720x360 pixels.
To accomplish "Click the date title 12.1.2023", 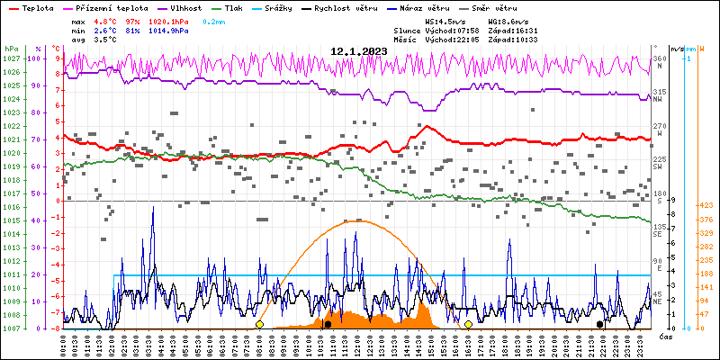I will [x=358, y=51].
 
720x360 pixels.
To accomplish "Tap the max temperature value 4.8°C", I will [x=106, y=21].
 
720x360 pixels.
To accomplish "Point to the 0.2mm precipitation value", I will [x=214, y=21].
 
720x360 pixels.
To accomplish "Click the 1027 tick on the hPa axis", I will [x=11, y=58].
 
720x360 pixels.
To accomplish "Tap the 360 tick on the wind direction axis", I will [x=659, y=58].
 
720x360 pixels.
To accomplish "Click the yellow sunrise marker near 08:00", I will [x=259, y=324].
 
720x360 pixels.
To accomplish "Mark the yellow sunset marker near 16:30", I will [x=468, y=324].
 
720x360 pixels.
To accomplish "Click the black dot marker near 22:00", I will [x=599, y=324].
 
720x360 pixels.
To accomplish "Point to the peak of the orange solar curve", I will [x=358, y=220].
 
